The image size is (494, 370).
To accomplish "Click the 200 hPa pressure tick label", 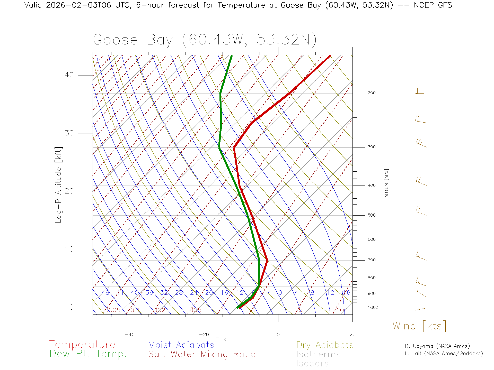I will pyautogui.click(x=371, y=93).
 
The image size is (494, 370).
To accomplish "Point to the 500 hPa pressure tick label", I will pyautogui.click(x=371, y=215).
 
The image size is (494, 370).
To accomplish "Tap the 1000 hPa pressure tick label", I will pyautogui.click(x=373, y=308).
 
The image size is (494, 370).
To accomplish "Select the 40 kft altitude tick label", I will pyautogui.click(x=69, y=75).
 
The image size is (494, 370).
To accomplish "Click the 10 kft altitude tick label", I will pyautogui.click(x=69, y=249).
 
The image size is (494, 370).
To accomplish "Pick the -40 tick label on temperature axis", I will pyautogui.click(x=130, y=335).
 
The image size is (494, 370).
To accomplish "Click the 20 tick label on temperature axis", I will pyautogui.click(x=352, y=335).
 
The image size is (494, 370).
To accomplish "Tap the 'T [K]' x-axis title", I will pyautogui.click(x=222, y=339).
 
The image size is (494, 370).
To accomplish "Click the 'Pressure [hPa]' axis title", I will pyautogui.click(x=386, y=184).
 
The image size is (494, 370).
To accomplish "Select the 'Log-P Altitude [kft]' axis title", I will pyautogui.click(x=59, y=185).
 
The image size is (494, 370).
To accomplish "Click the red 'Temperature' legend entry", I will pyautogui.click(x=82, y=345).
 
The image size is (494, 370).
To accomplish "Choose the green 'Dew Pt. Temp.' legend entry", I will pyautogui.click(x=88, y=354).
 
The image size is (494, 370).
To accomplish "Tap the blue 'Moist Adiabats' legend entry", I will pyautogui.click(x=181, y=345).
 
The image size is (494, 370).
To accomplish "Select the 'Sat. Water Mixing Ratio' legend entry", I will pyautogui.click(x=202, y=354).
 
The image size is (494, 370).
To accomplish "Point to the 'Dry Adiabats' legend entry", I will pyautogui.click(x=325, y=345).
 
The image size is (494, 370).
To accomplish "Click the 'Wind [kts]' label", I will pyautogui.click(x=419, y=326).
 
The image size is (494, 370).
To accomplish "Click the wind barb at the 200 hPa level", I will pyautogui.click(x=421, y=92).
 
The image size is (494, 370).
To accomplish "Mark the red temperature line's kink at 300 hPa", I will pyautogui.click(x=234, y=147).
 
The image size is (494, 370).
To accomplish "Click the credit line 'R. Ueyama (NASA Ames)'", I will pyautogui.click(x=437, y=346).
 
